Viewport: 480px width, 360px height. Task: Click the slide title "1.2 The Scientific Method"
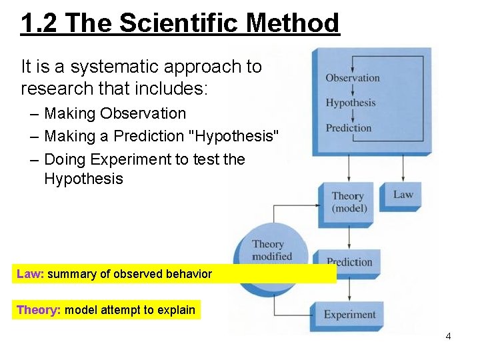180,23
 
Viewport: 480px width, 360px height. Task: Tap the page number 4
448,336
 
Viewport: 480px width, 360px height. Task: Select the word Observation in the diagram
352,78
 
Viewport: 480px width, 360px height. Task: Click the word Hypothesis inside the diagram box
351,103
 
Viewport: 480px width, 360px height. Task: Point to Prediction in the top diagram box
349,128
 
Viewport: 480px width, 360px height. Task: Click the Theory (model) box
349,201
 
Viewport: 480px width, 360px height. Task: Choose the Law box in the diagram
403,195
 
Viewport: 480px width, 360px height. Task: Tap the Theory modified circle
272,251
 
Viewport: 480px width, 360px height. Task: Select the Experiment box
349,315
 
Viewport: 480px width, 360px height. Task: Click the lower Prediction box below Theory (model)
349,261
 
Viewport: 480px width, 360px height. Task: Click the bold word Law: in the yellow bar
31,274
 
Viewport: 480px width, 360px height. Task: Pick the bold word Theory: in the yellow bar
39,310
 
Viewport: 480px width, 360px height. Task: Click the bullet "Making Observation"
115,113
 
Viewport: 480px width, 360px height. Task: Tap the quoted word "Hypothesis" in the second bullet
233,136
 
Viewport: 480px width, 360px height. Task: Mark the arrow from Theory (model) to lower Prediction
349,235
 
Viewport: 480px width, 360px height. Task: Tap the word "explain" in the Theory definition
175,310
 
